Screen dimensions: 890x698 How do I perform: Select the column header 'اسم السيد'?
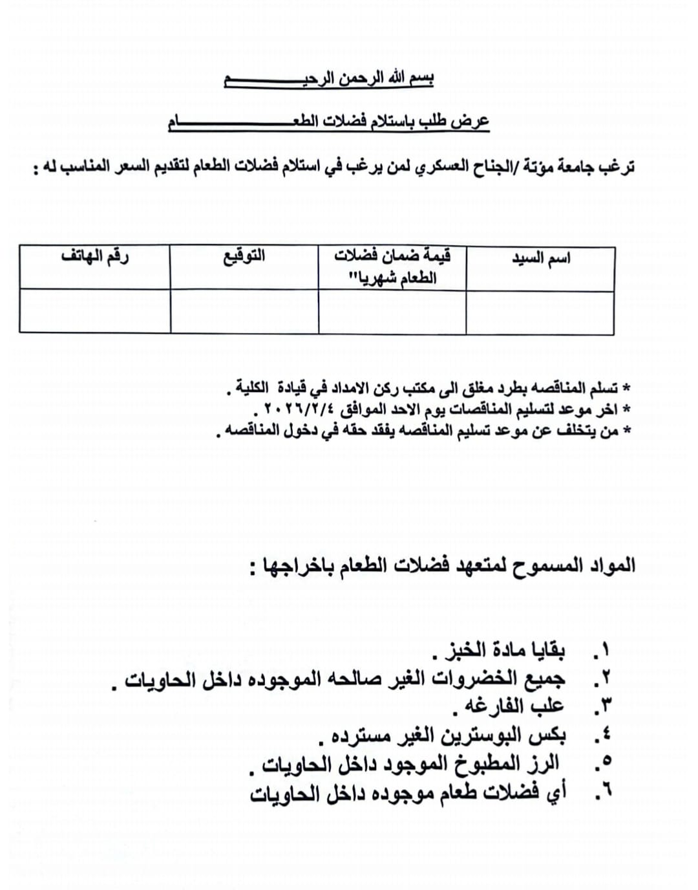pos(541,259)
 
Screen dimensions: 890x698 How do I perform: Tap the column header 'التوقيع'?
pos(244,256)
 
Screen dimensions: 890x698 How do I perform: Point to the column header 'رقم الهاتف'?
pos(95,256)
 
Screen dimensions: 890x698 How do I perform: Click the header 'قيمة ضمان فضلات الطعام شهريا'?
pos(392,266)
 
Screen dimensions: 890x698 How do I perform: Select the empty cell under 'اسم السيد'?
pos(540,312)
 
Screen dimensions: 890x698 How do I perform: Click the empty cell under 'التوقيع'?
pos(244,312)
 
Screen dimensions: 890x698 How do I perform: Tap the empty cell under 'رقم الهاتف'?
pos(95,311)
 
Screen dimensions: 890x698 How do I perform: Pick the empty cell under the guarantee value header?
pos(392,312)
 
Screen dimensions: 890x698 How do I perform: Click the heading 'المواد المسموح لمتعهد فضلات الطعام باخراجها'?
pos(443,566)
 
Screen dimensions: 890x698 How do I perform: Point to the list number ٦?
pos(606,792)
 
